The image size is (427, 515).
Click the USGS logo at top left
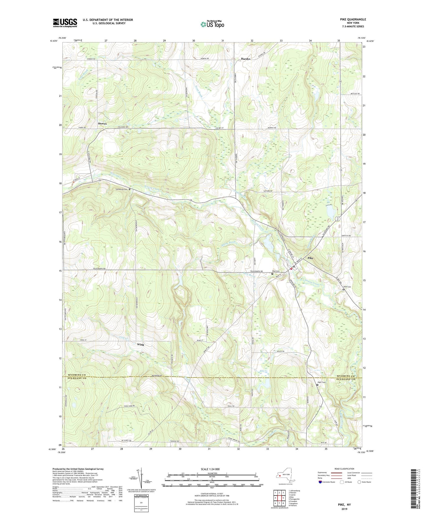point(65,23)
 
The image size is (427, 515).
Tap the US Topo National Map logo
point(212,24)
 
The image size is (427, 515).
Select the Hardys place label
point(246,59)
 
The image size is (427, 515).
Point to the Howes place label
point(102,124)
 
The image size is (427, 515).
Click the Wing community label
point(140,345)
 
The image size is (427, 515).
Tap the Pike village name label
point(310,258)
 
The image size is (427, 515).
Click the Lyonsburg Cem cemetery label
point(121,189)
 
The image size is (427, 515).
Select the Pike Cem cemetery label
point(275,271)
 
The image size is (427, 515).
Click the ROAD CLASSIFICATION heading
point(344,469)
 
